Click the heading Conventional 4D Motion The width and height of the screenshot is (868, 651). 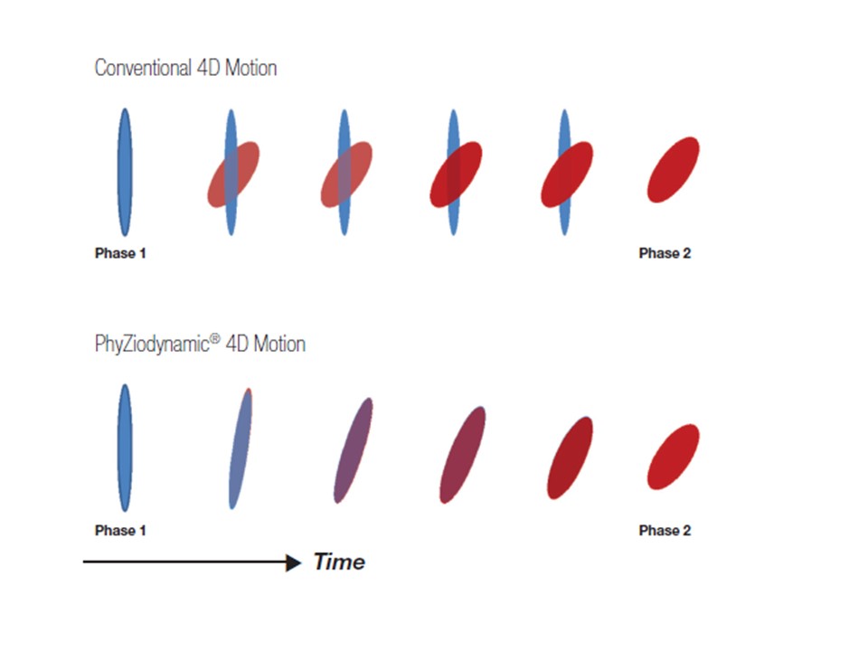[185, 68]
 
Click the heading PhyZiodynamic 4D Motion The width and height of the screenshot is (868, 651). [200, 344]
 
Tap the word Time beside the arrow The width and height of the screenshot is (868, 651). [339, 562]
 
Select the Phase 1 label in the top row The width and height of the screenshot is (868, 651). [120, 253]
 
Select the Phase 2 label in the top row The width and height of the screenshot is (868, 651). [665, 253]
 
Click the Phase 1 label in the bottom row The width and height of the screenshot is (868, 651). [120, 531]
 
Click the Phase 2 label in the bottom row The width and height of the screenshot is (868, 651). [665, 531]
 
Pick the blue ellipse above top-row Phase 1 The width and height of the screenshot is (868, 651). [125, 172]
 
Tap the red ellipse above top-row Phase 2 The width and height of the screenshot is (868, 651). [674, 170]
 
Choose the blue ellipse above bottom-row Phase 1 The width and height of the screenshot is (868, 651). [125, 448]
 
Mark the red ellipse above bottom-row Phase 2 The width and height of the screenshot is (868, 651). [674, 457]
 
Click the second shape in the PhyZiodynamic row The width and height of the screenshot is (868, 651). [241, 448]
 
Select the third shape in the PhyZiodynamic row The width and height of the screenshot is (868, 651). [354, 449]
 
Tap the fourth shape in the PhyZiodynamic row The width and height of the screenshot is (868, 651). [463, 454]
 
